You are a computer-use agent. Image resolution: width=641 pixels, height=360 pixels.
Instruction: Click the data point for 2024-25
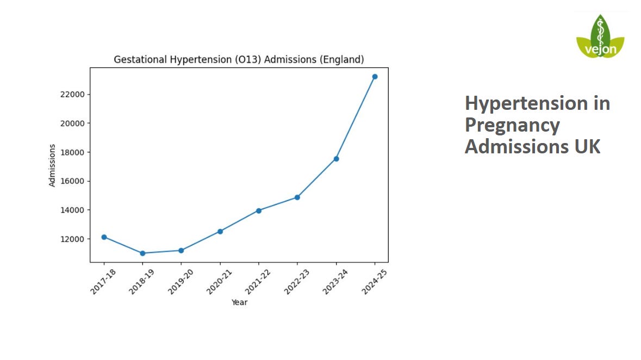(375, 77)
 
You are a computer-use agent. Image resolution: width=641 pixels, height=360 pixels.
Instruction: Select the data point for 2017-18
(104, 237)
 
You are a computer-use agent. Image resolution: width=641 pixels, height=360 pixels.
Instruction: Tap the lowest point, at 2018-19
(142, 253)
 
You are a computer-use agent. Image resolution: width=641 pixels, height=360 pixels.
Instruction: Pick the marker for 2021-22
(259, 210)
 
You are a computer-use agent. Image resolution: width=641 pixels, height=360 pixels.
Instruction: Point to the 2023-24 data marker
(336, 159)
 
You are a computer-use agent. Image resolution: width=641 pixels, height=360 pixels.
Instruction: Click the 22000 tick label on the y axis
(72, 95)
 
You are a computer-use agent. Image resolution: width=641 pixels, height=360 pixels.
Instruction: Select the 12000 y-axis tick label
(72, 239)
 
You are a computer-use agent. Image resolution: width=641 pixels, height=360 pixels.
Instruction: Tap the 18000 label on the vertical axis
(72, 152)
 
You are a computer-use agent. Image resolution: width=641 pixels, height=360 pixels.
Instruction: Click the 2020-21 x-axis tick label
(219, 282)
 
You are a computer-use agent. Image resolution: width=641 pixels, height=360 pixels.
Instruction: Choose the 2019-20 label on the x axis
(181, 282)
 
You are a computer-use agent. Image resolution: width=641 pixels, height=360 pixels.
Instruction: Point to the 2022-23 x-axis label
(296, 282)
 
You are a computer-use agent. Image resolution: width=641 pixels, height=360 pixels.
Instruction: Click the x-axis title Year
(239, 302)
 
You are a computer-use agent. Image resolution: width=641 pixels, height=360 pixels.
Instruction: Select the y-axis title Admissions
(52, 165)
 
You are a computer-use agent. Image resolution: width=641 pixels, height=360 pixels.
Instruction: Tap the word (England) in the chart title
(342, 60)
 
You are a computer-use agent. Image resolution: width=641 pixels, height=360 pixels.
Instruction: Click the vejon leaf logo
(600, 37)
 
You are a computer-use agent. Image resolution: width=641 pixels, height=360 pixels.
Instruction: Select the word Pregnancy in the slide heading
(512, 125)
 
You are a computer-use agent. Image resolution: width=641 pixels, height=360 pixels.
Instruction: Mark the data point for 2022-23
(297, 197)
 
